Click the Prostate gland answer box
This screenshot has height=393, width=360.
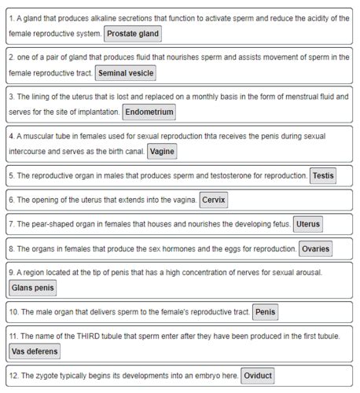pos(132,34)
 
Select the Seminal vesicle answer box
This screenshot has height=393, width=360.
pos(126,73)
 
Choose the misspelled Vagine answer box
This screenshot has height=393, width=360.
pos(162,151)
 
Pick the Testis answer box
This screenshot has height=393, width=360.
pos(323,175)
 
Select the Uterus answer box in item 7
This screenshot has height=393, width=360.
pos(308,224)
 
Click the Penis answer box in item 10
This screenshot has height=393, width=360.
pos(266,313)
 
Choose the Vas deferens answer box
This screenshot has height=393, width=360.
pos(36,351)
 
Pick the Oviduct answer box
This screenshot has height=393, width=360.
pos(258,376)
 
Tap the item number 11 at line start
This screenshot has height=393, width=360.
pos(13,336)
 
